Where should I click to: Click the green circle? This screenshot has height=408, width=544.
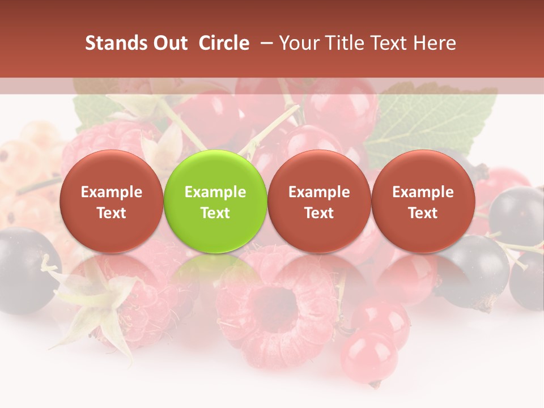click(215, 201)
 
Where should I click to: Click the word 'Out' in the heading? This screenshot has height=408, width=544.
click(170, 43)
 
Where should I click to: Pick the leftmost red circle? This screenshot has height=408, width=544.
click(112, 201)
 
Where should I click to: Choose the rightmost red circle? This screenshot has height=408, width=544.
click(423, 201)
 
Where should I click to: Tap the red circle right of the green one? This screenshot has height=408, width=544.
click(319, 201)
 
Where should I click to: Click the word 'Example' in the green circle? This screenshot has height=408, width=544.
click(215, 192)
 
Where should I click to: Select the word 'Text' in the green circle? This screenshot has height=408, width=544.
click(215, 213)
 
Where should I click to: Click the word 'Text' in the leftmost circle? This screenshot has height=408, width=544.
click(112, 213)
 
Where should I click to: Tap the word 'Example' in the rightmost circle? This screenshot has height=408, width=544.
click(423, 192)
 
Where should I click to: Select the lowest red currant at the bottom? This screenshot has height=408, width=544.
click(368, 357)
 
